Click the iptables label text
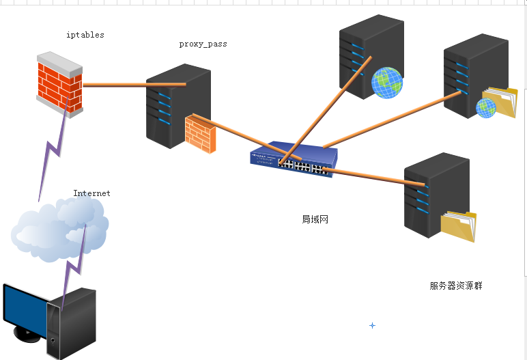pos(85,34)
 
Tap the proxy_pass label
pos(203,44)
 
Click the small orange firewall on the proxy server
pos(200,134)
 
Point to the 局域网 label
pos(315,219)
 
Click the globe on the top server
pos(386,83)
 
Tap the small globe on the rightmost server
pos(485,108)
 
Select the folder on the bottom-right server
pos(458,225)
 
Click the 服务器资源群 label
pos(456,286)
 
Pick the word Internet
pos(91,193)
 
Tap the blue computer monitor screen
pos(24,309)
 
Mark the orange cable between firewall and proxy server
pos(133,85)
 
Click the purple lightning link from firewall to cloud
pos(53,154)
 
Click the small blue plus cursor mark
pos(372,326)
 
